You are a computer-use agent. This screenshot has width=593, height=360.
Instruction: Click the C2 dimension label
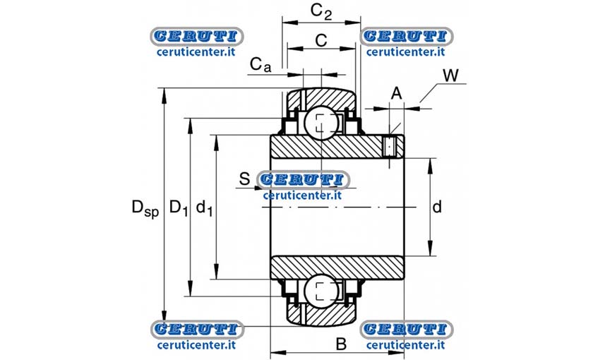[x=321, y=12]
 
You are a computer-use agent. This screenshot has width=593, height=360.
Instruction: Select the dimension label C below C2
[x=321, y=40]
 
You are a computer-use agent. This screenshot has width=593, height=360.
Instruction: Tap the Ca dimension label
[x=260, y=65]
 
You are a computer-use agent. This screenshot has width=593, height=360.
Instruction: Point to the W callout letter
[x=450, y=76]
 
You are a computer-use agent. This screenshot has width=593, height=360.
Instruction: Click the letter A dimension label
[x=396, y=93]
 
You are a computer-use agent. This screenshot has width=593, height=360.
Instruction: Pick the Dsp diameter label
[x=145, y=208]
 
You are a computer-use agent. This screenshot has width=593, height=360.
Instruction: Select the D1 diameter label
[x=179, y=208]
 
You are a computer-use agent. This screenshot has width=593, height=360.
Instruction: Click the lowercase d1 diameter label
[x=205, y=208]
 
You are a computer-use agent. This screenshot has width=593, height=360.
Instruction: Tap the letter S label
[x=245, y=179]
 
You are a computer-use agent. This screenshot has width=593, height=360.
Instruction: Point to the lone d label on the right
[x=437, y=207]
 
